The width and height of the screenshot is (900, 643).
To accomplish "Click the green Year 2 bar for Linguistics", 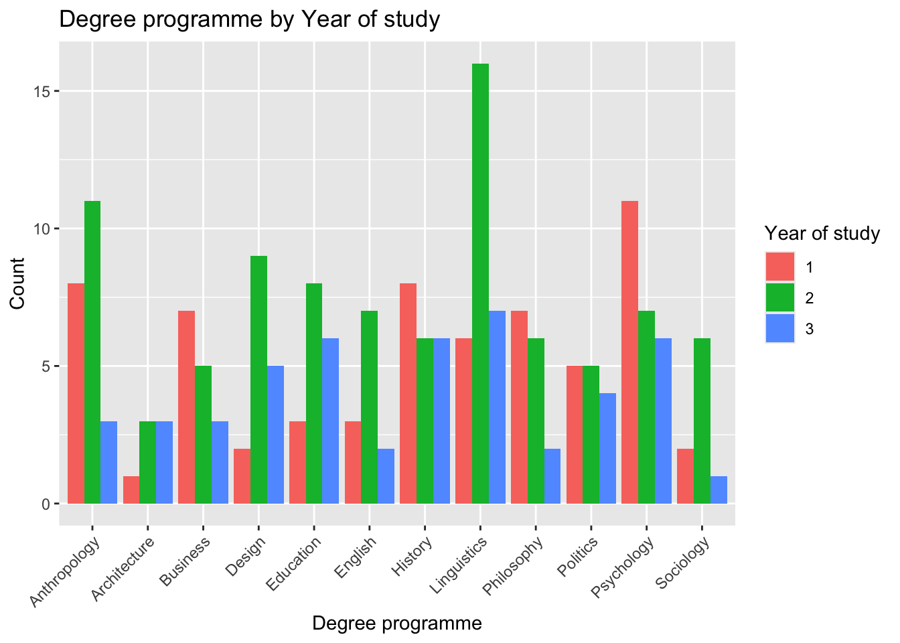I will click(x=480, y=284).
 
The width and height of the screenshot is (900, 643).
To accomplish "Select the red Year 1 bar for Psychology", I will click(x=629, y=352).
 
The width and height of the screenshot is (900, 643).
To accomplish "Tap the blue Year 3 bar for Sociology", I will click(x=719, y=490).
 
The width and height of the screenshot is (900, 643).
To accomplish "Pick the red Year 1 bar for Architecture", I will click(x=131, y=490).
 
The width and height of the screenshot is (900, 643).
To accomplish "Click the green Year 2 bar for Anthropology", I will click(x=92, y=352).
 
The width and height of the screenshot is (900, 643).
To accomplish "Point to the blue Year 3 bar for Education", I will click(x=331, y=421).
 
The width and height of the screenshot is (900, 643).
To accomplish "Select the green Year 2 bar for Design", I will click(x=258, y=380).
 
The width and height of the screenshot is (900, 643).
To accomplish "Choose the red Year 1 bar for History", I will click(x=408, y=394).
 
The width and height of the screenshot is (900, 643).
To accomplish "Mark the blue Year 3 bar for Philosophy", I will click(x=552, y=476).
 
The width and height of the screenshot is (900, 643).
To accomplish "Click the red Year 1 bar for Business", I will click(x=187, y=407).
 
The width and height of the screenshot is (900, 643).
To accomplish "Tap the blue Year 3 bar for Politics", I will click(x=607, y=449).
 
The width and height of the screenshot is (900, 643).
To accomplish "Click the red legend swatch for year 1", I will click(x=780, y=267).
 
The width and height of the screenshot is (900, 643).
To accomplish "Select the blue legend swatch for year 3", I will click(x=780, y=328).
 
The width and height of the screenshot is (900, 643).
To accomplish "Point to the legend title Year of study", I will click(x=822, y=233).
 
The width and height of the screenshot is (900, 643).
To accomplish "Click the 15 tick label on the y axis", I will click(x=42, y=91).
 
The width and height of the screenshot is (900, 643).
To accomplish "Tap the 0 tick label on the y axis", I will click(x=46, y=504).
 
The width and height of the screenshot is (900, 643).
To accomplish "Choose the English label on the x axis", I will click(x=357, y=557).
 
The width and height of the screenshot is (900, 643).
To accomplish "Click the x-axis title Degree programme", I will click(x=397, y=624).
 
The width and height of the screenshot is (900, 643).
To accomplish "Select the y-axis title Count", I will click(x=17, y=283).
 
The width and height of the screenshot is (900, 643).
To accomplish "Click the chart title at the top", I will click(x=250, y=19).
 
